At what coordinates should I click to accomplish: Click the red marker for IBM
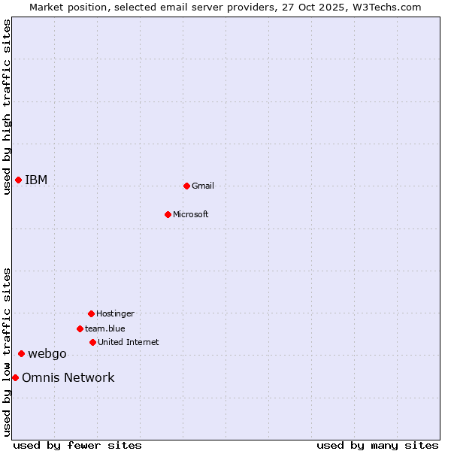pyautogui.click(x=18, y=180)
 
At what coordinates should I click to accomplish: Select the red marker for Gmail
pyautogui.click(x=186, y=186)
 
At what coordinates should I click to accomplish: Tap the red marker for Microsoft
pyautogui.click(x=168, y=214)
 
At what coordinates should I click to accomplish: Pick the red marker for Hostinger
pyautogui.click(x=91, y=313)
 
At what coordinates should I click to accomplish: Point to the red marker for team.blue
pyautogui.click(x=80, y=328)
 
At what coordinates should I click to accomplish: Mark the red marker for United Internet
pyautogui.click(x=92, y=342)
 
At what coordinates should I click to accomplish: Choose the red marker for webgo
pyautogui.click(x=21, y=353)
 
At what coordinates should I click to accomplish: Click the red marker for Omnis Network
pyautogui.click(x=15, y=377)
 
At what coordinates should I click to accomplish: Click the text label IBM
pyautogui.click(x=36, y=180)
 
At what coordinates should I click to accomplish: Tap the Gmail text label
pyautogui.click(x=203, y=186)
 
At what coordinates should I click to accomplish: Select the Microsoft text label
pyautogui.click(x=191, y=214)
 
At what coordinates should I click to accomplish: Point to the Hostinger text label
pyautogui.click(x=115, y=313)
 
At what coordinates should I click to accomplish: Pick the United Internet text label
pyautogui.click(x=129, y=342)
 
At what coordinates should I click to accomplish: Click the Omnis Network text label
pyautogui.click(x=68, y=377)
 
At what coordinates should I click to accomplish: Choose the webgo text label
pyautogui.click(x=47, y=353)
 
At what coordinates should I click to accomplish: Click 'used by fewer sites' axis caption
pyautogui.click(x=77, y=445)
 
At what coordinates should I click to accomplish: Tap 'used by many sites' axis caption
pyautogui.click(x=377, y=445)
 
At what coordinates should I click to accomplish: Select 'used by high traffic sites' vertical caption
pyautogui.click(x=7, y=107)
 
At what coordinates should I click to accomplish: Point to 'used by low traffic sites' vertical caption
pyautogui.click(x=7, y=352)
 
